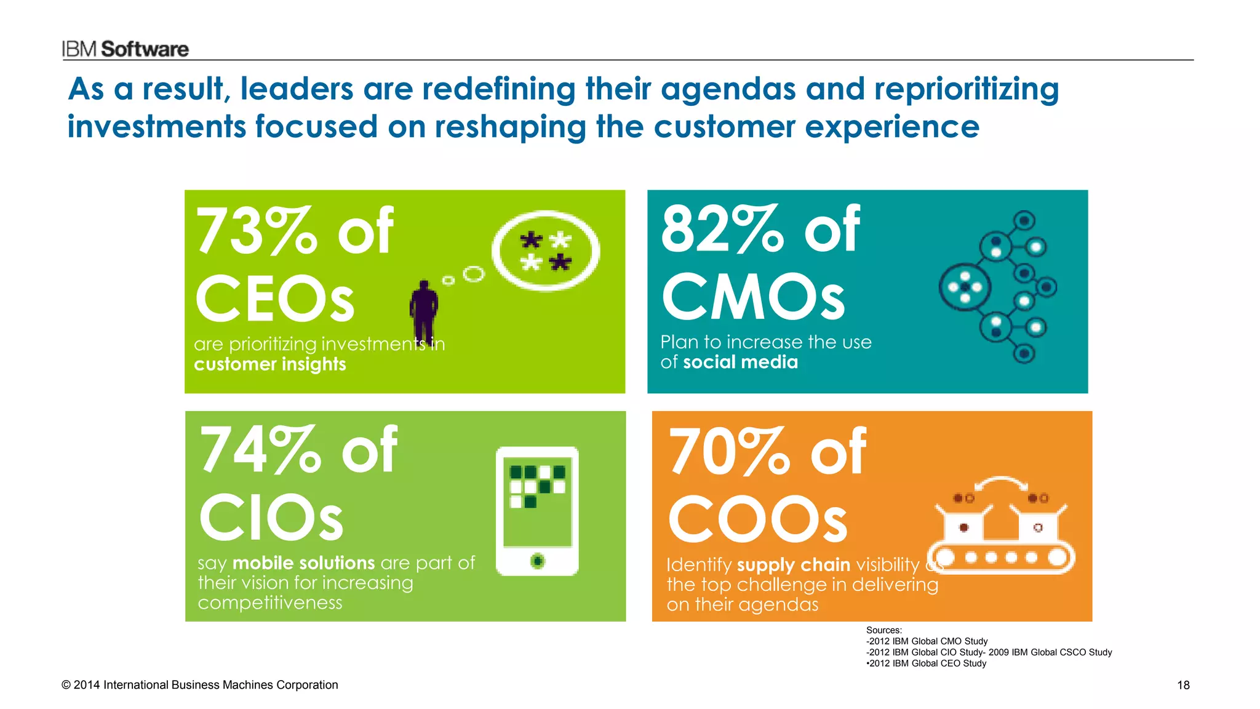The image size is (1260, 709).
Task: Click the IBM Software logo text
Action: click(x=125, y=49)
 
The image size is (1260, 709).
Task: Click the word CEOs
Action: click(x=274, y=299)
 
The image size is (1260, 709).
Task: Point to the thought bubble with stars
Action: click(x=545, y=251)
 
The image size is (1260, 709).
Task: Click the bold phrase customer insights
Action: click(x=269, y=364)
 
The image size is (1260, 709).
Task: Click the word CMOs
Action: click(x=753, y=297)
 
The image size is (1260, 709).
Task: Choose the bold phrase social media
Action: click(x=740, y=362)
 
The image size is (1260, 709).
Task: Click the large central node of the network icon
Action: click(x=965, y=287)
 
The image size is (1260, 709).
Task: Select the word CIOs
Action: click(x=271, y=518)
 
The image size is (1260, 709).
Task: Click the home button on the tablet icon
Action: click(x=538, y=561)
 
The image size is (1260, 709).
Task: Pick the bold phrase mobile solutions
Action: click(x=303, y=563)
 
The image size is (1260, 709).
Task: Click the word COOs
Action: click(x=757, y=520)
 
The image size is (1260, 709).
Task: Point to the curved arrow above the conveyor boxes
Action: click(x=1001, y=483)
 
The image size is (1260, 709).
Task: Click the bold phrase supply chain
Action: click(x=793, y=565)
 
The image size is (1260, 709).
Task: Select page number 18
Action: click(x=1183, y=685)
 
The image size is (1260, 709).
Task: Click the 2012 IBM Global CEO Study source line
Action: click(x=927, y=663)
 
